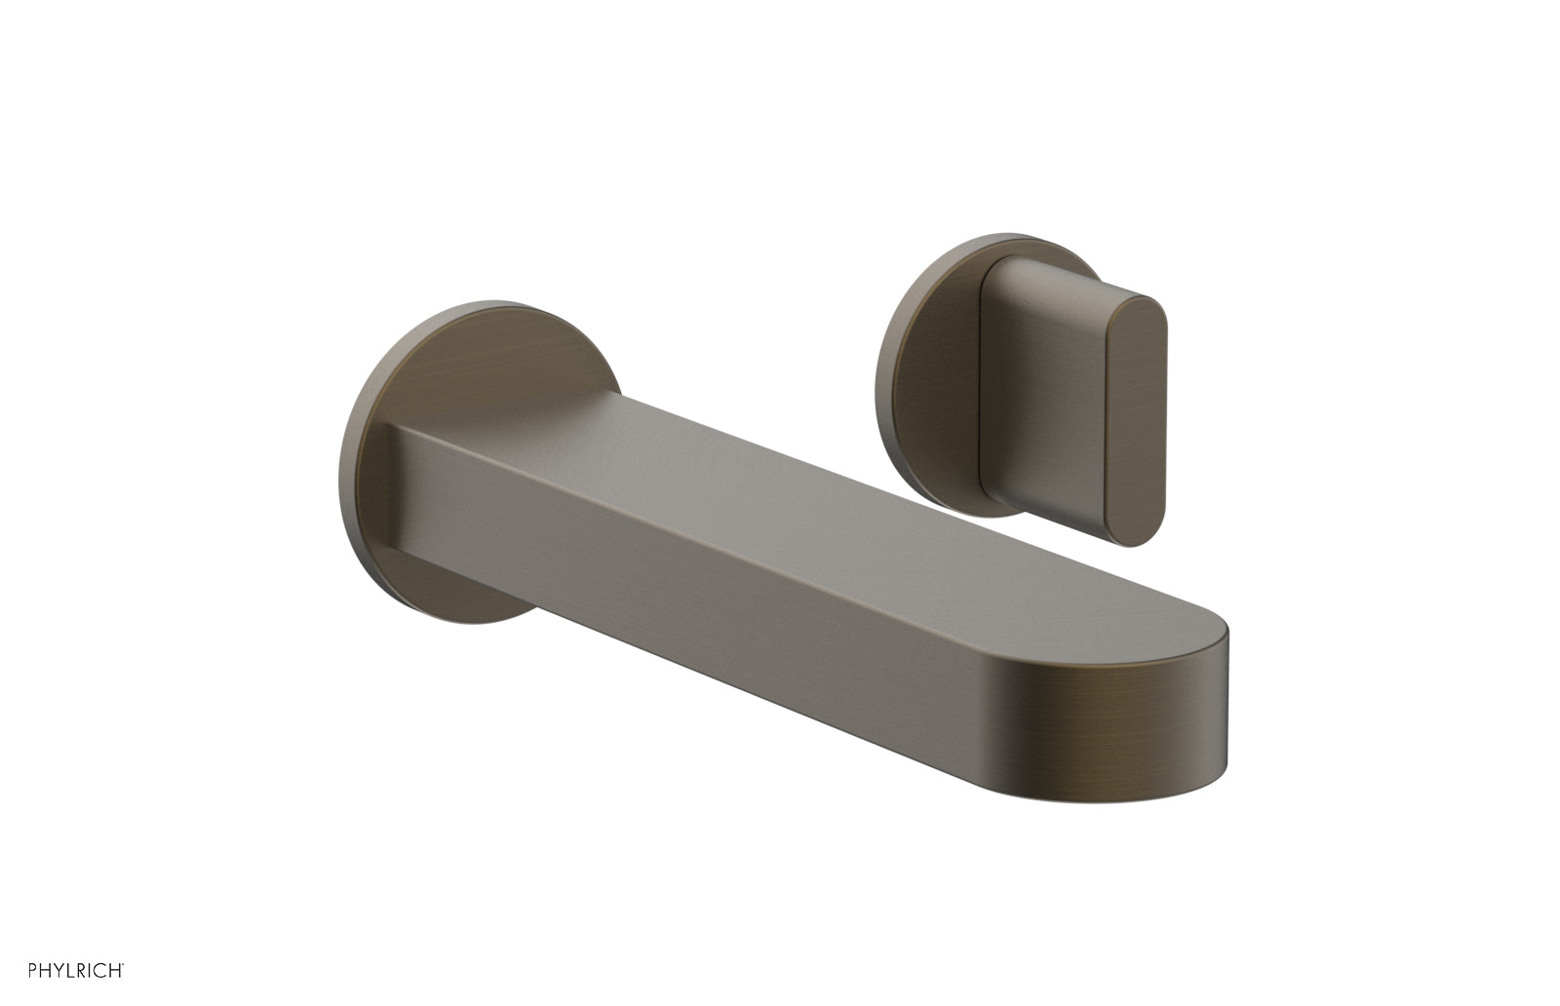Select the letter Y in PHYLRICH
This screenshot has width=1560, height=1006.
(39, 970)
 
